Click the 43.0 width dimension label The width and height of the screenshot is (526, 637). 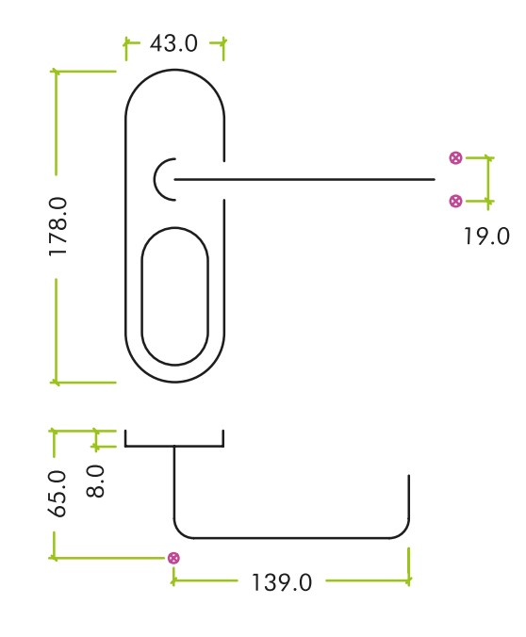(174, 43)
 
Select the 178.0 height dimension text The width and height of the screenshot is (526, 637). (58, 227)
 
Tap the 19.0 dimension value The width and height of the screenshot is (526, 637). (485, 236)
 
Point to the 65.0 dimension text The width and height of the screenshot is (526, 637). (58, 493)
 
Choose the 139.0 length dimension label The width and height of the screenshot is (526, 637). (281, 581)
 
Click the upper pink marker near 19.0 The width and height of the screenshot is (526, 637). (455, 157)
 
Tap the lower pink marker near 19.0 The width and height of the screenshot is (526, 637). (455, 200)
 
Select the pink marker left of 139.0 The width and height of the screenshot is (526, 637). (173, 558)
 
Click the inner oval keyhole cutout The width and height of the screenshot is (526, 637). (174, 296)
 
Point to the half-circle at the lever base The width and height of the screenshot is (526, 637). (158, 178)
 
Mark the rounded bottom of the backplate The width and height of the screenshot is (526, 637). (175, 382)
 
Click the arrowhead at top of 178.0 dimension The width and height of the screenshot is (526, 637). (55, 72)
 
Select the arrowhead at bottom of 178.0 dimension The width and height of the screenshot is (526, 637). (55, 382)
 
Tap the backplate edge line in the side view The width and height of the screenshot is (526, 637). (174, 445)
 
